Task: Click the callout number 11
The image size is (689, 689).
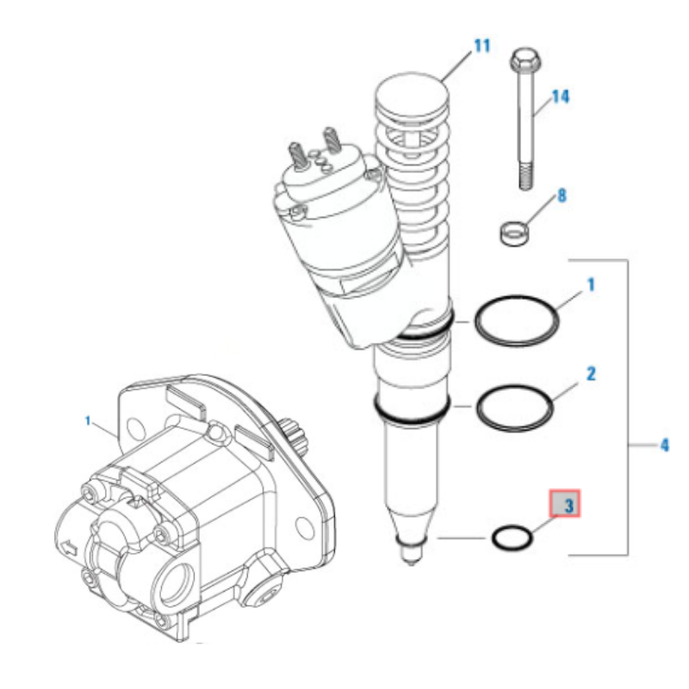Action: coord(481,46)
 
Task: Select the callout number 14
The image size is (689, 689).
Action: coord(561,96)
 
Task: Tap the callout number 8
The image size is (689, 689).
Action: coord(562,196)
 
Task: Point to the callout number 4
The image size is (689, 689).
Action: coord(664,445)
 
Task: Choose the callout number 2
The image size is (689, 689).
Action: coord(592,374)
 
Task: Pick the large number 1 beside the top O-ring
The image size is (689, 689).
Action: coord(592,282)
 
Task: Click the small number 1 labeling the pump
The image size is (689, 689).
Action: coord(88,420)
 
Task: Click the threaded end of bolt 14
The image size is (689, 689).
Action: coord(523,177)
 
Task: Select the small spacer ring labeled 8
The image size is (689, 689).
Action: coord(513,231)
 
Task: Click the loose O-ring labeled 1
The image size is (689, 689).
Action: coord(518,320)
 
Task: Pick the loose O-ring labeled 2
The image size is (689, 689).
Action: coord(514,407)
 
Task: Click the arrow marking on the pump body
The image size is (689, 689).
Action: coord(67,546)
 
